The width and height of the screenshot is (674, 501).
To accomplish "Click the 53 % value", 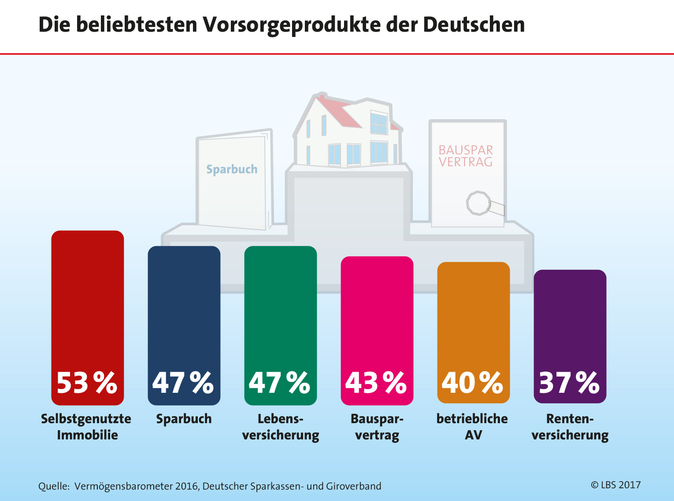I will [x=87, y=383].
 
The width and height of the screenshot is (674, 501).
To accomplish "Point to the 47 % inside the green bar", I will [x=280, y=383].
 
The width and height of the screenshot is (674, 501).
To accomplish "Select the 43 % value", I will [x=376, y=383].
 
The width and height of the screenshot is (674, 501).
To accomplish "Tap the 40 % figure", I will [x=472, y=383].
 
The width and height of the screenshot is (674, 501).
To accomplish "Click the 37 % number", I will [x=569, y=383].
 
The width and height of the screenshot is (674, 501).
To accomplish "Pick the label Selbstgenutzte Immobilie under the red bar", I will [x=86, y=427].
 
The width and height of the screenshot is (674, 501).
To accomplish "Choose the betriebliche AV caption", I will [x=472, y=427].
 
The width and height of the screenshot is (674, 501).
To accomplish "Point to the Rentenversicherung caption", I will [x=570, y=427].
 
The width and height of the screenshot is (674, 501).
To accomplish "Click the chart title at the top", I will [x=281, y=25].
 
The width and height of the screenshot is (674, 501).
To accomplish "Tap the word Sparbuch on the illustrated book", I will [x=232, y=169].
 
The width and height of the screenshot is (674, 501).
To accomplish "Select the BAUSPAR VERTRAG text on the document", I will [x=466, y=156].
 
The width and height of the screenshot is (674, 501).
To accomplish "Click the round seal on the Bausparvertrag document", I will [x=478, y=203].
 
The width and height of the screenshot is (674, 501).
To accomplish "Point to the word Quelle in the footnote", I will [x=54, y=486].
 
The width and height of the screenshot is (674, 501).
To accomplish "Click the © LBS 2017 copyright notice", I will [x=615, y=485].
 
